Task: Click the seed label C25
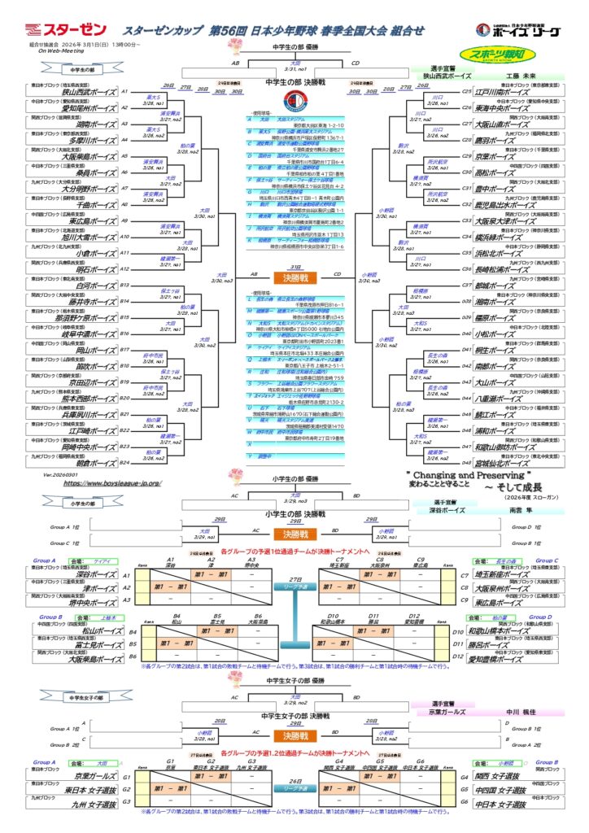click(x=466, y=92)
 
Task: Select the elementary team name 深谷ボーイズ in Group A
click(x=89, y=574)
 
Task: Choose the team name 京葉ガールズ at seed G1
click(x=89, y=776)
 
